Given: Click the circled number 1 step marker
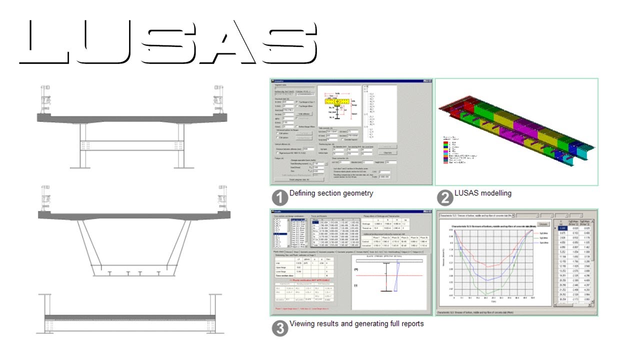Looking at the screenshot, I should click(x=280, y=198).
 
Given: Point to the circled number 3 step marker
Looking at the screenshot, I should click(x=280, y=328).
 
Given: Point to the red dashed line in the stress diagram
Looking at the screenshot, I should click(x=390, y=276).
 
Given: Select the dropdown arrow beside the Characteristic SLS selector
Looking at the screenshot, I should click(x=513, y=216).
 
